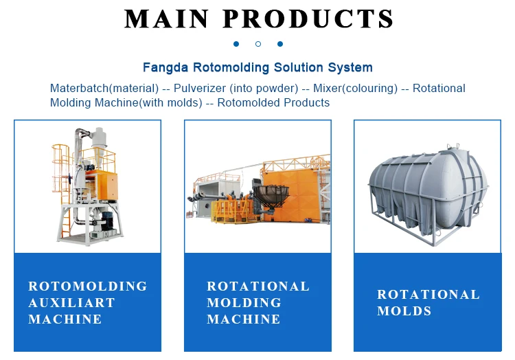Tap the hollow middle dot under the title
(x=257, y=44)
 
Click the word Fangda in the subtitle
(x=164, y=67)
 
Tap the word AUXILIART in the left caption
(x=71, y=302)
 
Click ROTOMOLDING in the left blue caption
(x=88, y=286)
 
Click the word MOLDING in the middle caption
(x=244, y=302)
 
